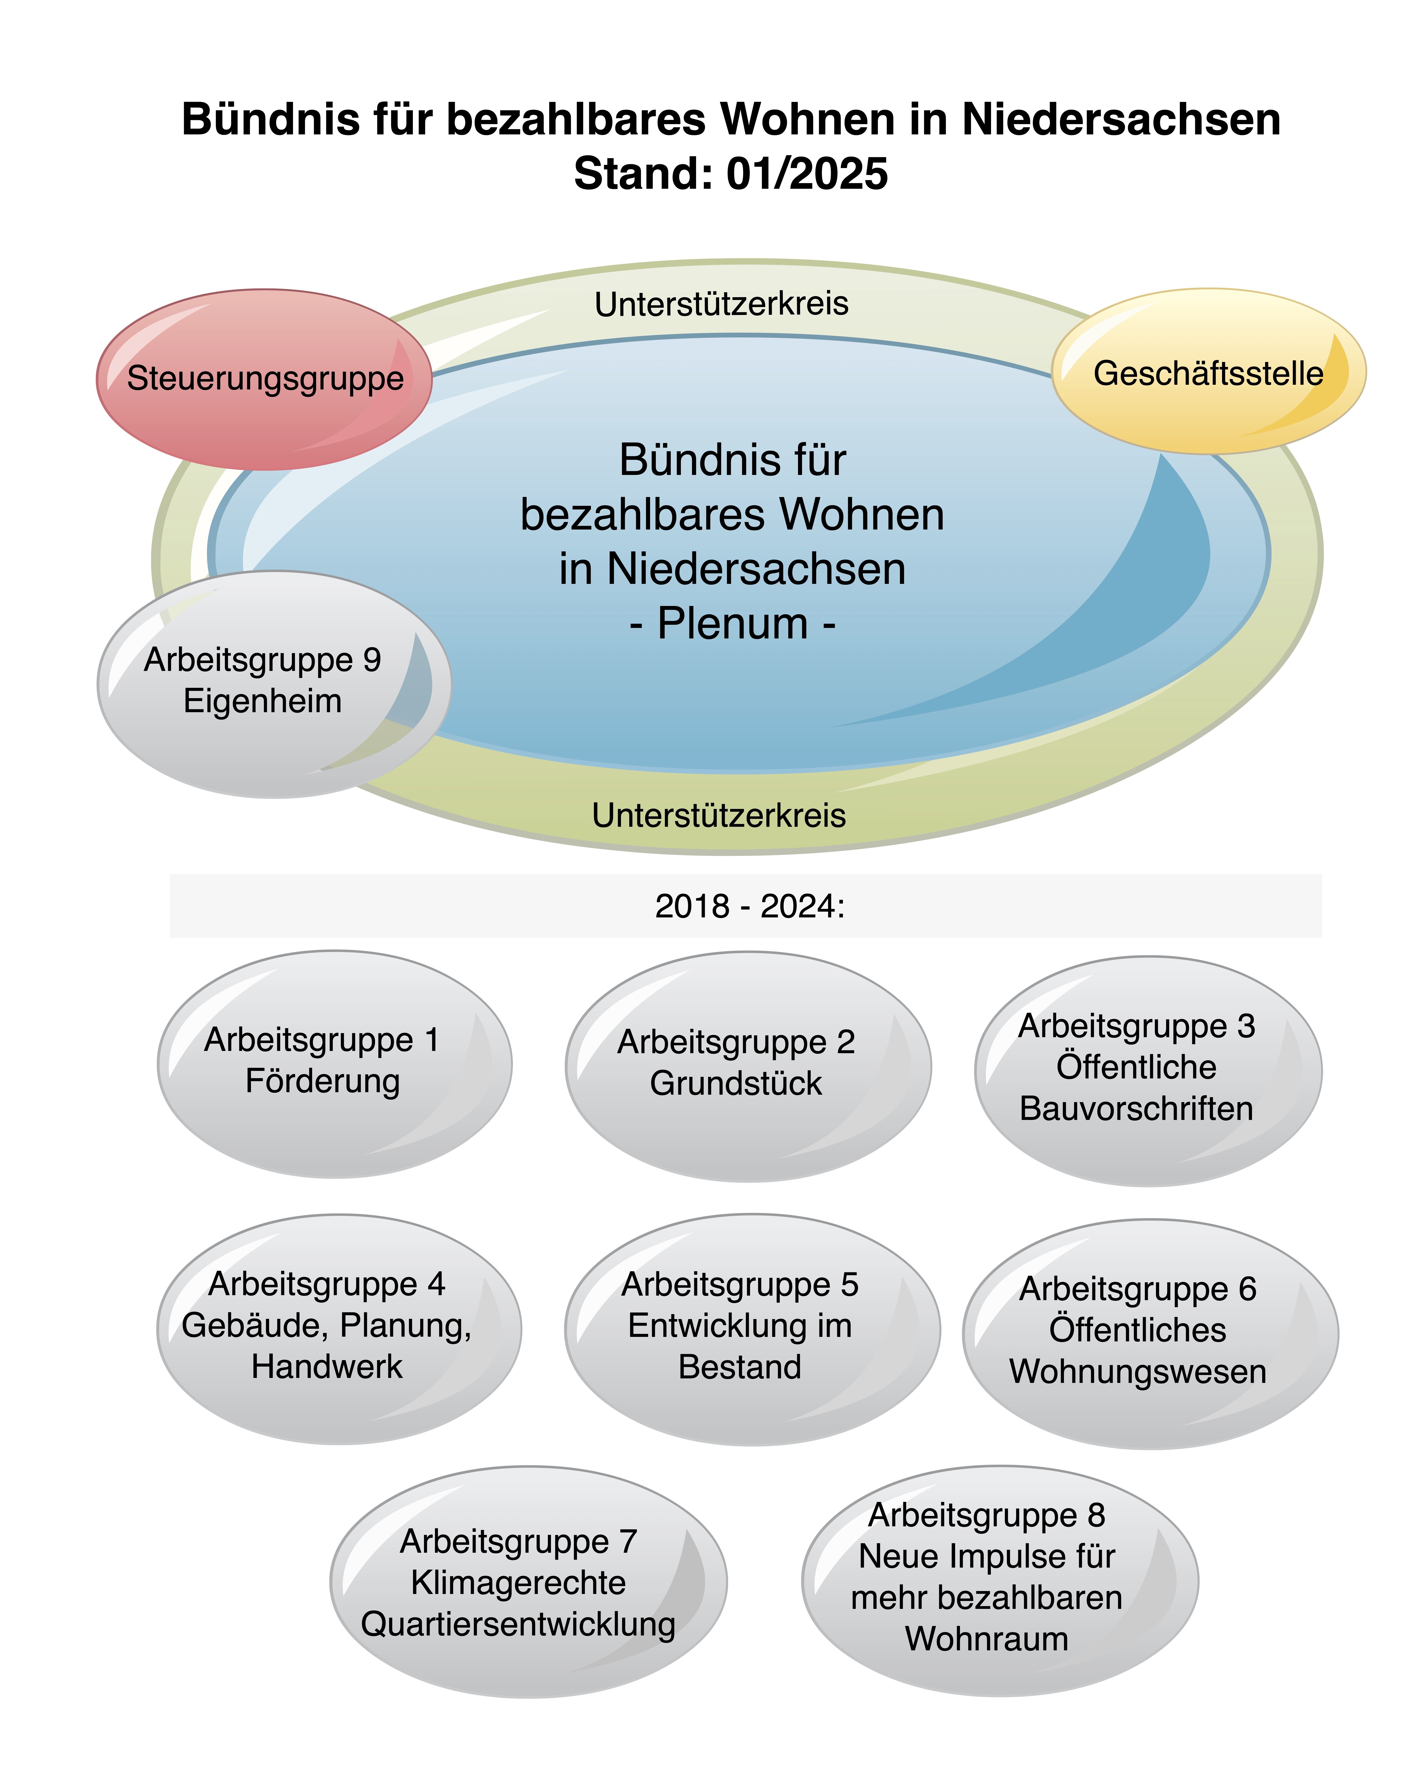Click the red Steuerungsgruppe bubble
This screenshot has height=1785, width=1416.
pyautogui.click(x=264, y=379)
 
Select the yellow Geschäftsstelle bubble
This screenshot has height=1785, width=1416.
pyautogui.click(x=1208, y=371)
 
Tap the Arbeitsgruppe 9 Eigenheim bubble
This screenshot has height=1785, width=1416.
pyautogui.click(x=274, y=684)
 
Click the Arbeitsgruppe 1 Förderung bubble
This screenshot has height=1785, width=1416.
pyautogui.click(x=334, y=1064)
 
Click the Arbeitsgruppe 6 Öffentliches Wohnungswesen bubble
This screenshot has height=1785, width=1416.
pyautogui.click(x=1150, y=1334)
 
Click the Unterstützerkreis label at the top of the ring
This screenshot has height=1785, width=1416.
pyautogui.click(x=721, y=304)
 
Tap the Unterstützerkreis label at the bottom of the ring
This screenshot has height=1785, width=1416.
pyautogui.click(x=719, y=815)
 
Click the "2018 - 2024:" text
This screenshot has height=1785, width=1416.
pyautogui.click(x=750, y=906)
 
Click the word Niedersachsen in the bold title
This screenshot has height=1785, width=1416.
pyautogui.click(x=1121, y=119)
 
